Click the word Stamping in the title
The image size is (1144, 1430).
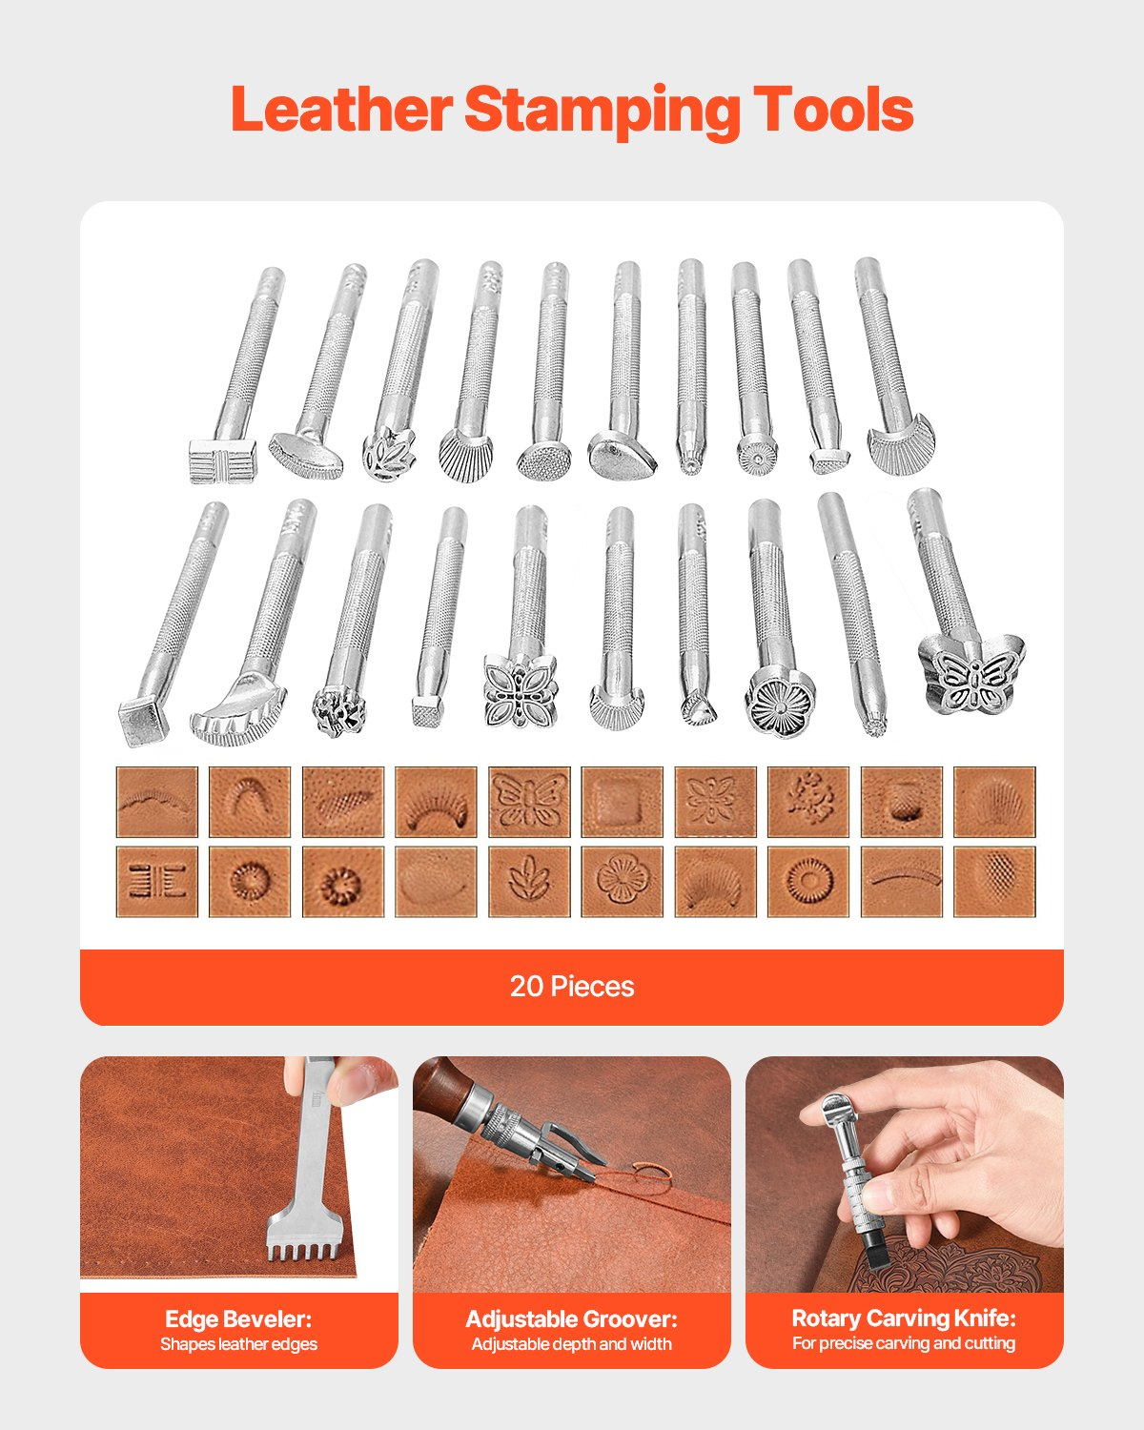pos(602,111)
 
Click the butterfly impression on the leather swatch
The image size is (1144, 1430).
pos(529,802)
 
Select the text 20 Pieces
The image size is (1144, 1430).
pos(571,986)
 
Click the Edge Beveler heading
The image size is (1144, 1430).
pos(238,1319)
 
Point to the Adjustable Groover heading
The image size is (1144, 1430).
pos(571,1319)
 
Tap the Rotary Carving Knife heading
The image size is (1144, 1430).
pos(904,1318)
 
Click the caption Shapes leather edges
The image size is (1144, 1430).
pos(238,1344)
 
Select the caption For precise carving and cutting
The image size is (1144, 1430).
pos(904,1343)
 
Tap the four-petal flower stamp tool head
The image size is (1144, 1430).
pos(520,691)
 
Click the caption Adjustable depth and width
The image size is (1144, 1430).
pos(571,1344)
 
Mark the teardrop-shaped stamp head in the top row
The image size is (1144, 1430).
pos(623,458)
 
